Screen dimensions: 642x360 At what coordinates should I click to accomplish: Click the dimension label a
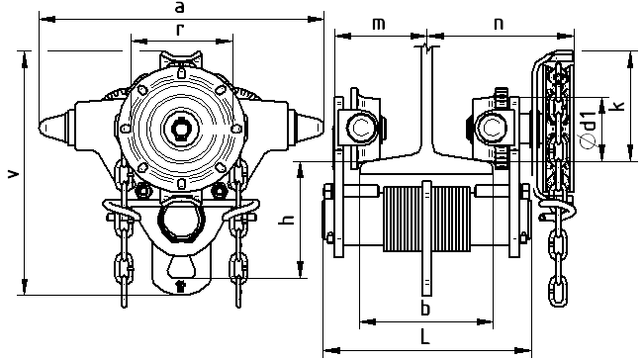179,7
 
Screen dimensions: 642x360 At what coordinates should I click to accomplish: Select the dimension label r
180,30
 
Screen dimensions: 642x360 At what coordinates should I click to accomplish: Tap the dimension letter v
14,173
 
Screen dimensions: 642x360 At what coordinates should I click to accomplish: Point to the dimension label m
379,24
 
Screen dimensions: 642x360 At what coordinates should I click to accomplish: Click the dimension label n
499,24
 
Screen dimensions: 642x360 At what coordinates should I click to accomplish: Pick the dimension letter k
620,105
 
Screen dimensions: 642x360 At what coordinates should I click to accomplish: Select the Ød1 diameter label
589,131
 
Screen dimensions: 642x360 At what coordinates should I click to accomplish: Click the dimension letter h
287,220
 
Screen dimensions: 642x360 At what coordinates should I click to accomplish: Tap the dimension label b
425,309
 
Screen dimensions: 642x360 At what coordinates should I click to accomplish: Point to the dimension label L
425,336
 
